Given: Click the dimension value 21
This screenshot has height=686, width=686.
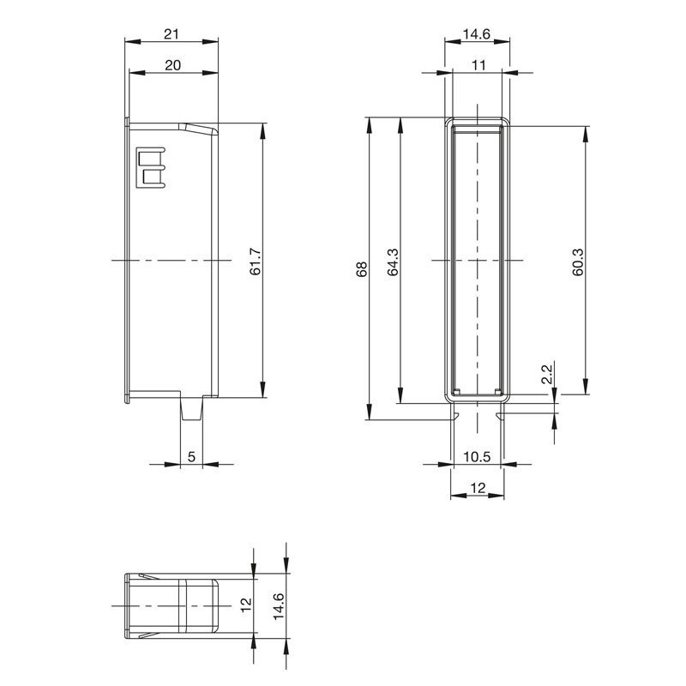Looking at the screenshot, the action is (171, 33).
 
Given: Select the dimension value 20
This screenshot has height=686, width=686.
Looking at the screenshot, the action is (173, 65).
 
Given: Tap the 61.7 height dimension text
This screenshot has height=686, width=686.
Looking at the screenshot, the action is (255, 262).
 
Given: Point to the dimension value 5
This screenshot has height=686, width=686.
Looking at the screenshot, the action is (191, 457).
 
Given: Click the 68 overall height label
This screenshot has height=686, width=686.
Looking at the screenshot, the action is (361, 269).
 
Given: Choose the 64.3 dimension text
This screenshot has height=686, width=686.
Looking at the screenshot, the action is (393, 262).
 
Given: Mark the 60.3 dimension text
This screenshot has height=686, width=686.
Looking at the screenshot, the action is (577, 262).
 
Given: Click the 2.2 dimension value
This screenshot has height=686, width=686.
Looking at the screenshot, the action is (547, 374).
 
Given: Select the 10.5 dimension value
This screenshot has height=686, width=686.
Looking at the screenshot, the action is (478, 457).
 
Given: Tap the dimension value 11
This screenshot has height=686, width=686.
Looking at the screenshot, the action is (479, 65).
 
